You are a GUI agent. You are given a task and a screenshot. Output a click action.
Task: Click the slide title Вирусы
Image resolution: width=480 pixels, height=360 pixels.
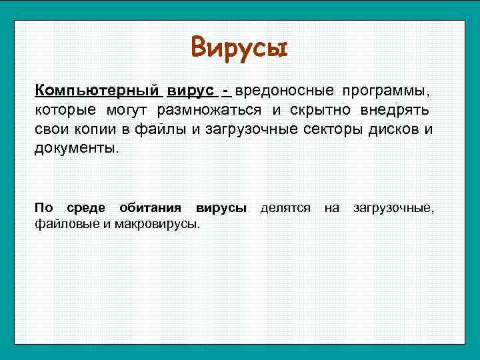pyautogui.click(x=239, y=47)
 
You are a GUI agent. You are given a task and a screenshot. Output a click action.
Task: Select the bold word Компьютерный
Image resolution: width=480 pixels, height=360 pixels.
pyautogui.click(x=97, y=89)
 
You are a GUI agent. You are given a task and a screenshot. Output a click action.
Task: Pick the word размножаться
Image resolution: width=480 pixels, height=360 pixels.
pyautogui.click(x=210, y=109)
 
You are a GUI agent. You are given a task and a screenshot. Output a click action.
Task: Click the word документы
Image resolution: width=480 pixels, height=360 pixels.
pyautogui.click(x=76, y=147)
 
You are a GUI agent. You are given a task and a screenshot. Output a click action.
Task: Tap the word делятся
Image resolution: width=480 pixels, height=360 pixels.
pyautogui.click(x=285, y=209)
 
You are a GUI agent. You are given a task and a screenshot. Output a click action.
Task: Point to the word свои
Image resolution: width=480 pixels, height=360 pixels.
pyautogui.click(x=49, y=128)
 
